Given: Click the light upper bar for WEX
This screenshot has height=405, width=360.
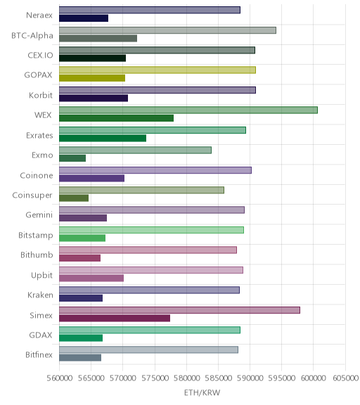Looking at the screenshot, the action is click(188, 110).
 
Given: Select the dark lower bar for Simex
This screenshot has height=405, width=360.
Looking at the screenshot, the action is click(115, 319).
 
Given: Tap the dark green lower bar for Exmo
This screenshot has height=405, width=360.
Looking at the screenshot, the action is click(72, 158).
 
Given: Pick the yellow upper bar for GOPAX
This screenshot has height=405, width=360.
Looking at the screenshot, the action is click(157, 70).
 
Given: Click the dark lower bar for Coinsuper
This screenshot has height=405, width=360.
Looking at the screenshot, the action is click(74, 198).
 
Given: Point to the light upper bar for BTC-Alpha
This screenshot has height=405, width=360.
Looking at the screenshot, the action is click(167, 30).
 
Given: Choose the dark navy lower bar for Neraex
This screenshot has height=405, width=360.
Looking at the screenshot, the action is click(84, 18).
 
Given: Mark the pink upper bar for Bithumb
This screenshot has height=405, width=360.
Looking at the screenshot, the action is click(148, 250).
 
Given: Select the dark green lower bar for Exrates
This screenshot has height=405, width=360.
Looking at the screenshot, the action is click(103, 139).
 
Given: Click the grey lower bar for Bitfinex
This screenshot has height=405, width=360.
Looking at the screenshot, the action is click(80, 358).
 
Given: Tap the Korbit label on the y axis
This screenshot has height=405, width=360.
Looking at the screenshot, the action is click(41, 96).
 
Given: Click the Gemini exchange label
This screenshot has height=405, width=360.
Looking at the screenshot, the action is click(39, 215).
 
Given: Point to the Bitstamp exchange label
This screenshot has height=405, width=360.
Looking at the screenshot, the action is click(36, 236).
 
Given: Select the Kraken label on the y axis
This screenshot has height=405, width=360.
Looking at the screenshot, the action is click(40, 295).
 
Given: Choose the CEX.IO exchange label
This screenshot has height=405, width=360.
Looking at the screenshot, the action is click(40, 56).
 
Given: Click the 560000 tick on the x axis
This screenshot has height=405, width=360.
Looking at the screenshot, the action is click(59, 378).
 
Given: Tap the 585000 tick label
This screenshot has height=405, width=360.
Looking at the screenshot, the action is click(218, 378).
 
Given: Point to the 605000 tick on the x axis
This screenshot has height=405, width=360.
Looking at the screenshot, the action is click(345, 378).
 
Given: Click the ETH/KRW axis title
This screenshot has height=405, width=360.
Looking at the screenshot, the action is click(202, 392).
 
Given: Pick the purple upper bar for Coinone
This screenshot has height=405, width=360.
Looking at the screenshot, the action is click(155, 170).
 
